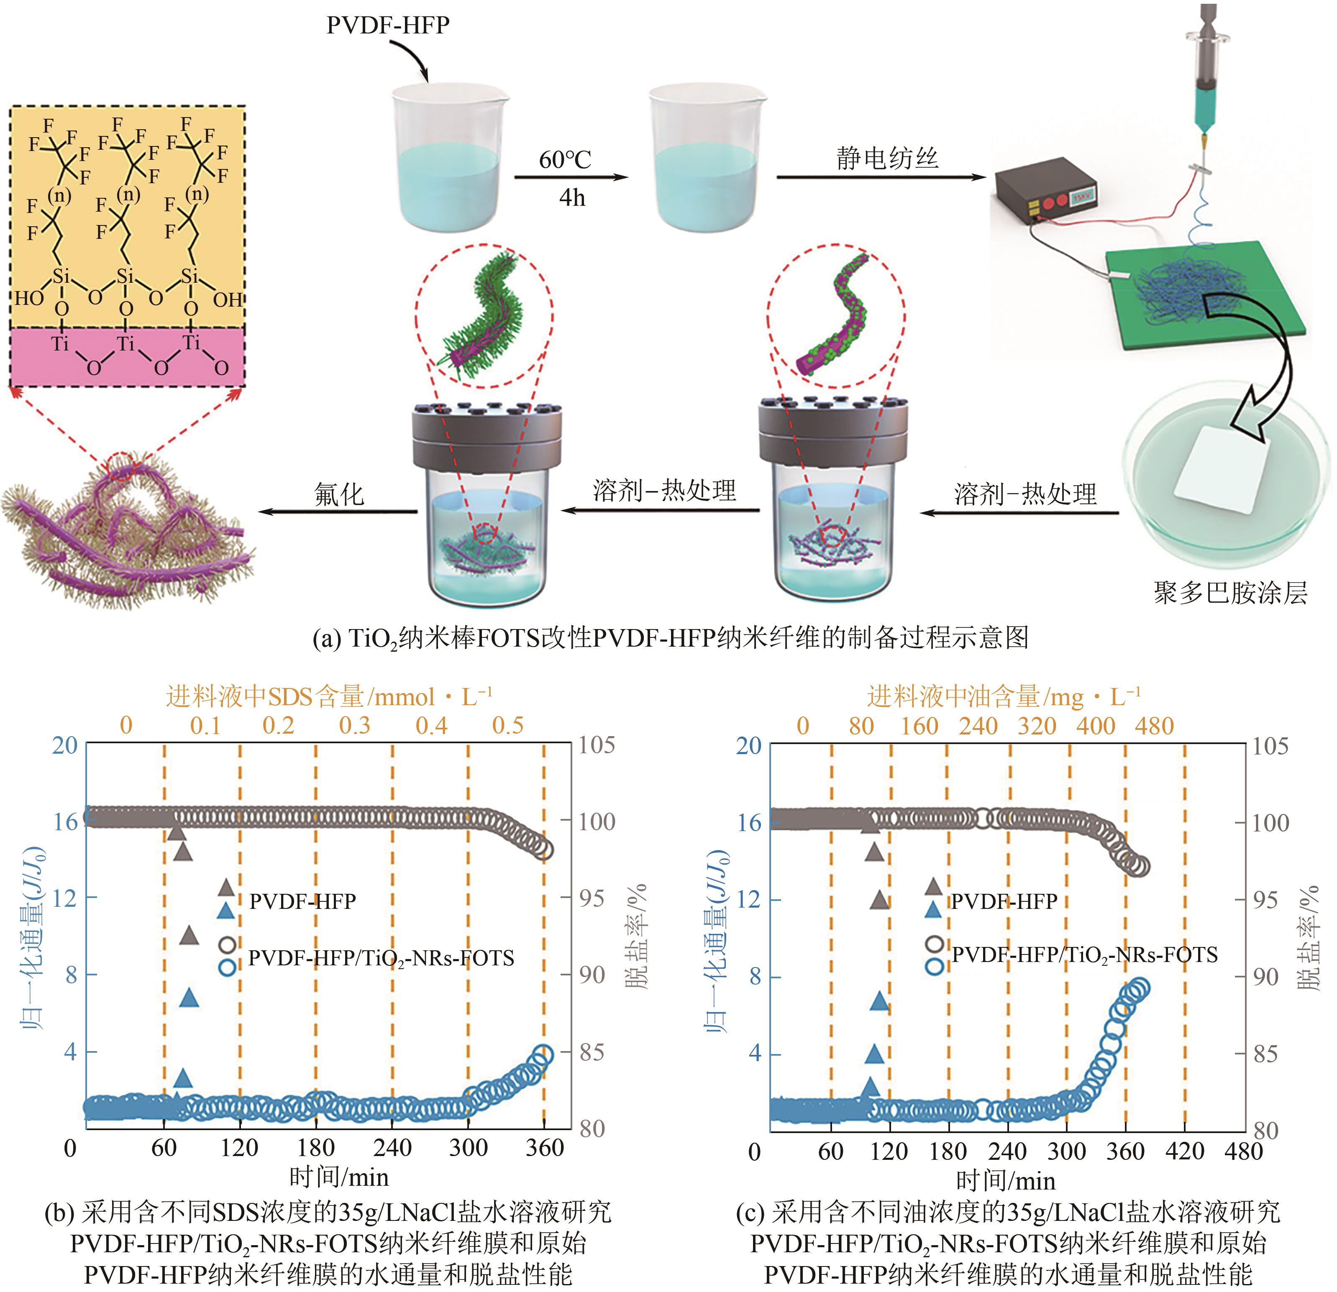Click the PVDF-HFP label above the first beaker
[387, 25]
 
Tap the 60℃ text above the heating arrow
[564, 160]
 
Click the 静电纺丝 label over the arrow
[887, 158]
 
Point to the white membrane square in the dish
[1221, 471]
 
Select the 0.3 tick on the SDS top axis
[355, 725]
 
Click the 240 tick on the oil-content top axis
[978, 726]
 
